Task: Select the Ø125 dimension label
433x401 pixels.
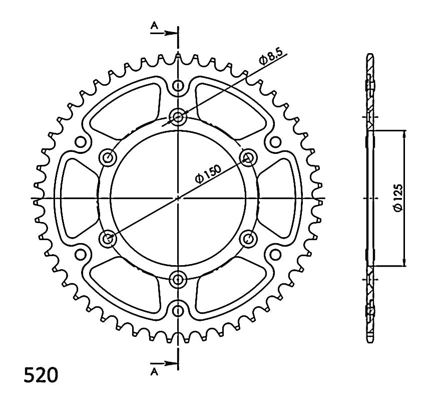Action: click(398, 198)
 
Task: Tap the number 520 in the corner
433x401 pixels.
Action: click(41, 375)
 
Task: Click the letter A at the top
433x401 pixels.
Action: click(154, 26)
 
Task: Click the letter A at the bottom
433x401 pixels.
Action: click(155, 372)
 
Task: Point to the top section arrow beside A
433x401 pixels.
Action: click(164, 33)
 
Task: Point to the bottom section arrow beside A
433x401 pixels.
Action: click(164, 363)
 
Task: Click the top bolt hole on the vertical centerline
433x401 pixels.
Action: click(178, 117)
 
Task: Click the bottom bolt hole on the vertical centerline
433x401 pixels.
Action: click(178, 279)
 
